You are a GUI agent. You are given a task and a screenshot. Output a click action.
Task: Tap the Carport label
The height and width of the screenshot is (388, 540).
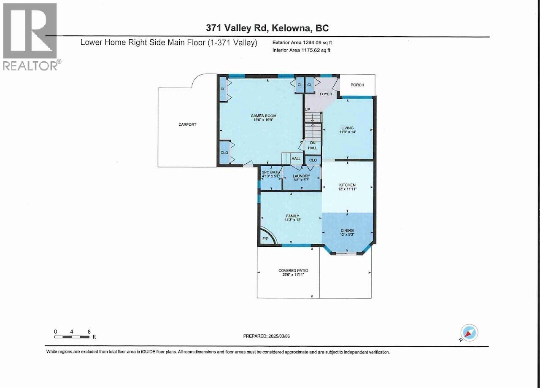click(x=187, y=124)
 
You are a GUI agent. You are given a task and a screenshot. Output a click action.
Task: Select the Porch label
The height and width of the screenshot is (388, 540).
click(x=357, y=85)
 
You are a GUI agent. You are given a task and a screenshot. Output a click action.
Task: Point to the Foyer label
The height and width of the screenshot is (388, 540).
click(x=326, y=94)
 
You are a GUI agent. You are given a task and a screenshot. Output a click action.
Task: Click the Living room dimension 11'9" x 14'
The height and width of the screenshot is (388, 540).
click(x=348, y=132)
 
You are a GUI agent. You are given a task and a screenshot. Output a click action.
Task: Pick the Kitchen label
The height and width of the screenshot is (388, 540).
click(x=348, y=185)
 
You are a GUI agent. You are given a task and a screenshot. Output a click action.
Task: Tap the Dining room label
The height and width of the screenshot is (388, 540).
click(x=348, y=231)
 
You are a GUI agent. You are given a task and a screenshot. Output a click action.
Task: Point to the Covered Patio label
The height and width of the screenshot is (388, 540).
click(x=291, y=271)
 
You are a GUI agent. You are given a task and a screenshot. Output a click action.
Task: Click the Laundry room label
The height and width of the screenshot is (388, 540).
click(x=302, y=176)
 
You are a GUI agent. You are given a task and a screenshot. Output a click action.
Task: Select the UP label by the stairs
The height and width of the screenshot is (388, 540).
click(x=308, y=110)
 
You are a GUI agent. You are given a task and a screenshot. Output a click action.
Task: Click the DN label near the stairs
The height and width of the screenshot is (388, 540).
click(x=313, y=143)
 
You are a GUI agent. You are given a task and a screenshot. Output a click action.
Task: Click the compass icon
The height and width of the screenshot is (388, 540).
click(x=469, y=333)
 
